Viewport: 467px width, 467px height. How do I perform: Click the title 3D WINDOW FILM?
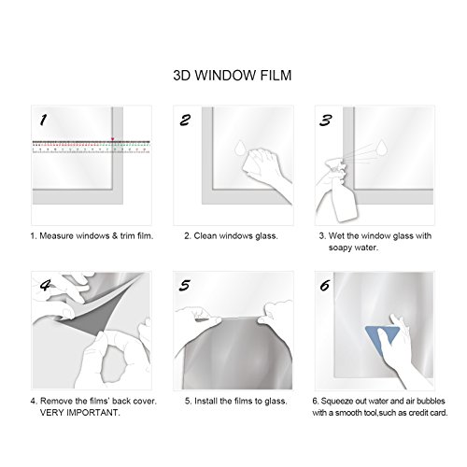point(233,76)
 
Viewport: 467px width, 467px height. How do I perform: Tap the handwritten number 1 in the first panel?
point(44,120)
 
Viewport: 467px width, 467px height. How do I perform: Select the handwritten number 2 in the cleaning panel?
point(185,120)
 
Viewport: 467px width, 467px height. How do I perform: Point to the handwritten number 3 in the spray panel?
point(326,120)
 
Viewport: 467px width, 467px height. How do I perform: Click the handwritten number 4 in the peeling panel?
point(46,285)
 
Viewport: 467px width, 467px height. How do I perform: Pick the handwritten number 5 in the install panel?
point(185,286)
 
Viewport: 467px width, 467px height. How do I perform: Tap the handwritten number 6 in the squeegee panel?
point(325,285)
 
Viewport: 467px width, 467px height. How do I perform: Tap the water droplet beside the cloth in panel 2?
point(241,149)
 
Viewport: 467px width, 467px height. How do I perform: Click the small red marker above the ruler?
point(113,139)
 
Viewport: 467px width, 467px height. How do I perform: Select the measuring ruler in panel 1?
point(92,147)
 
